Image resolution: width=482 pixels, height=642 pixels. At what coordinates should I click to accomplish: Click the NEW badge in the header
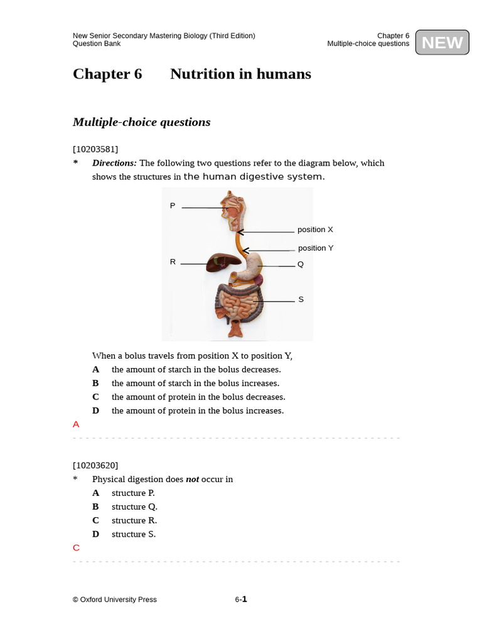click(442, 43)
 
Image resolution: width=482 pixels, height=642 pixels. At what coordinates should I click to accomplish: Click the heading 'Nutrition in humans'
click(240, 74)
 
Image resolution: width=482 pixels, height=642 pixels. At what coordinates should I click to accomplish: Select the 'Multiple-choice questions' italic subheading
click(141, 122)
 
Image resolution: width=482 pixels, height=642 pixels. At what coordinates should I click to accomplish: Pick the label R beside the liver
click(173, 262)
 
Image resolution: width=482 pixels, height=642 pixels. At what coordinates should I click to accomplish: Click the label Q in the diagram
click(301, 265)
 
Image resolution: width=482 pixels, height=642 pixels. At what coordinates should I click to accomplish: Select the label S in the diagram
click(301, 300)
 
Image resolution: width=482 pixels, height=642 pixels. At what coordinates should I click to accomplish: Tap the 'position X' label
click(315, 230)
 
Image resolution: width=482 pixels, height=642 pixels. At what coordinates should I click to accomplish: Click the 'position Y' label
click(316, 248)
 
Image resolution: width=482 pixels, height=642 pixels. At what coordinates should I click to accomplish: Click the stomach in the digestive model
click(254, 266)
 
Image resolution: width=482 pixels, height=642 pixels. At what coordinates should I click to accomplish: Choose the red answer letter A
click(76, 424)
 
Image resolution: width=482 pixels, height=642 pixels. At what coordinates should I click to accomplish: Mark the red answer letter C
click(76, 548)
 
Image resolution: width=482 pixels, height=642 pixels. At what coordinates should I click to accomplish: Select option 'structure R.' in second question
click(134, 520)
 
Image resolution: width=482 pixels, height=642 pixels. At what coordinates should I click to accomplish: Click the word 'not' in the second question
click(192, 480)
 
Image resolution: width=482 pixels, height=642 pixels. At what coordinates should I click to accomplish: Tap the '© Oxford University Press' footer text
click(115, 600)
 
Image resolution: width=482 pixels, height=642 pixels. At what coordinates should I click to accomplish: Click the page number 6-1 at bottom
click(241, 599)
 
